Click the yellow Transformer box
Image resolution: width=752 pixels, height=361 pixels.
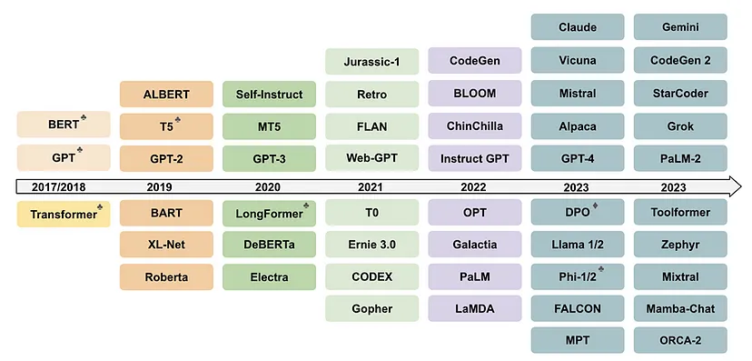64,214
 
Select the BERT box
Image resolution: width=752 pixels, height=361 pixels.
64,125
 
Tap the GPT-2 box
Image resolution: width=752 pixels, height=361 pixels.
166,158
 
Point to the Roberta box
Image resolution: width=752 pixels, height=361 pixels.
166,277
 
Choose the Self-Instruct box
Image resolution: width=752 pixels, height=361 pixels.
269,94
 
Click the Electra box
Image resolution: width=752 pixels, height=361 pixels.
269,277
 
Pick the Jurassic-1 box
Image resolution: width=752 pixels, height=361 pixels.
371,62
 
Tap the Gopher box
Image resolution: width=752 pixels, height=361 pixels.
371,308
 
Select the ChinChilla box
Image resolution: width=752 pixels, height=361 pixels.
475,125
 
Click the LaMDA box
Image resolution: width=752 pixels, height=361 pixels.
475,308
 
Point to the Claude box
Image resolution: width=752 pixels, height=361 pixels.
578,27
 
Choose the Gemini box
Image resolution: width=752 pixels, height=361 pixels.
680,27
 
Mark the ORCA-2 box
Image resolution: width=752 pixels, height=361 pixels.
680,340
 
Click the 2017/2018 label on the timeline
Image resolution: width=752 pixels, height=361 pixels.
59,187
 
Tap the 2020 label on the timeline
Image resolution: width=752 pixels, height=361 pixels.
268,187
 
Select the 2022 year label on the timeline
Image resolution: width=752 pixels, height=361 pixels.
473,187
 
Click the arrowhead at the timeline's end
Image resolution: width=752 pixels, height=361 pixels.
736,186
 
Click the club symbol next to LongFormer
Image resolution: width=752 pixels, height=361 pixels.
306,206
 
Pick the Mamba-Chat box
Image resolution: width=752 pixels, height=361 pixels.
680,308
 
